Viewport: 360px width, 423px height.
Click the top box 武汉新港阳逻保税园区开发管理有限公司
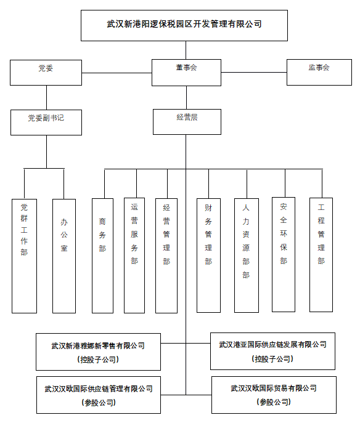[184, 26]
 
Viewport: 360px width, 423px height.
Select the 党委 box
[46, 73]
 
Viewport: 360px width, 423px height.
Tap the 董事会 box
[186, 73]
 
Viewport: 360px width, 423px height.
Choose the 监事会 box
[319, 72]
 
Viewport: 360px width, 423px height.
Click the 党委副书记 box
[46, 123]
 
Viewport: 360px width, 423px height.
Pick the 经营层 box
[187, 122]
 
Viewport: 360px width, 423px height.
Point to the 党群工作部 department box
[24, 256]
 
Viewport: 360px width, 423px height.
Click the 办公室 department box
[64, 256]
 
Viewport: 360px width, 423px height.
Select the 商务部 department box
[102, 256]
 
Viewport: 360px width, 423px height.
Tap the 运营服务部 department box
[134, 256]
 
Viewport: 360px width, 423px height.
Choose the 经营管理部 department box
[166, 256]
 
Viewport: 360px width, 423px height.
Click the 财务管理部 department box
[208, 256]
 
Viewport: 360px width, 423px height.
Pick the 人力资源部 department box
[247, 256]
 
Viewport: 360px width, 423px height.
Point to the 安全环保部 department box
[284, 255]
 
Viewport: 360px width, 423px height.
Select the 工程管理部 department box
[321, 255]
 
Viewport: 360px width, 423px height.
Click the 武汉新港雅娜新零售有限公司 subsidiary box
[98, 352]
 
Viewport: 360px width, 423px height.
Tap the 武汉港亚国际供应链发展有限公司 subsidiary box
[272, 351]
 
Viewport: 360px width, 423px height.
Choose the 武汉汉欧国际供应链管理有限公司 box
[99, 395]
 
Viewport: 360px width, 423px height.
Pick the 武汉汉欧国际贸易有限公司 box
[274, 395]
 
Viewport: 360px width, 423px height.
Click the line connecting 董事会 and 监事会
[254, 72]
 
